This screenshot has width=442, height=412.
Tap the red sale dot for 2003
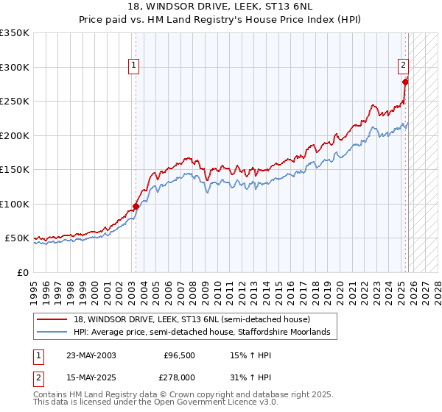pyautogui.click(x=136, y=207)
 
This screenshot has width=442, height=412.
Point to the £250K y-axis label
pyautogui.click(x=15, y=102)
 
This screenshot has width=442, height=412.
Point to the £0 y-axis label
pyautogui.click(x=24, y=273)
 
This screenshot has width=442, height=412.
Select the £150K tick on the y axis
pyautogui.click(x=15, y=170)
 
